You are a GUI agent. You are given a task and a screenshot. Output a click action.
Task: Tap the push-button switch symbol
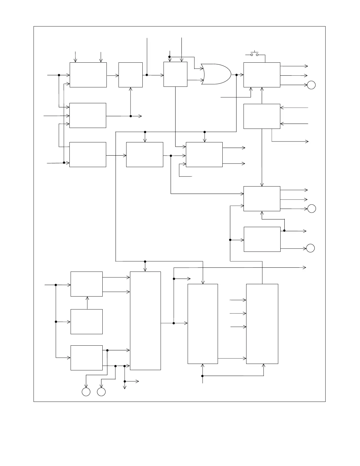point(254,54)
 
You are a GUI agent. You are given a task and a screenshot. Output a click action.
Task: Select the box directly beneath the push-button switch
point(262,75)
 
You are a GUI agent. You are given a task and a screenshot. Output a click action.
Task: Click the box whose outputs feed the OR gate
point(175,74)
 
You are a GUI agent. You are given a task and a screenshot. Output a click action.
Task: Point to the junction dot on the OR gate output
point(236,75)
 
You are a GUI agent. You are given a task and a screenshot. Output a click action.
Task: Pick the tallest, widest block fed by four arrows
point(145,321)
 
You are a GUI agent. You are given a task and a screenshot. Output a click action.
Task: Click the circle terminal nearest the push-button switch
point(311,85)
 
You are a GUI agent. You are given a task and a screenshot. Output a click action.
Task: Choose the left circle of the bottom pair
point(86,392)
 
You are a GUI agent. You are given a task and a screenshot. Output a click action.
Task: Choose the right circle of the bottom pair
point(101,392)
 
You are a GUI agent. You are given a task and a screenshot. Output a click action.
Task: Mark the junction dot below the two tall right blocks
point(202,376)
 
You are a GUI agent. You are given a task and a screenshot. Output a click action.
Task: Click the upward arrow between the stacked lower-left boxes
point(87,302)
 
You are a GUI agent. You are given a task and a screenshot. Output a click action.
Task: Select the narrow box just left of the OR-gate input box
point(131,75)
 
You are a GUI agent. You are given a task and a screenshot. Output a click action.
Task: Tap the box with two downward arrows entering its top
point(88,75)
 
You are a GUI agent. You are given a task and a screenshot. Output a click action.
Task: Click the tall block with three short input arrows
point(262,324)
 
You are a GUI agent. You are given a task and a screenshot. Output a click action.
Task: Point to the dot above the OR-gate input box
point(169,57)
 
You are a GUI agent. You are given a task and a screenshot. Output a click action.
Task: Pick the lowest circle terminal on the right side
point(310,248)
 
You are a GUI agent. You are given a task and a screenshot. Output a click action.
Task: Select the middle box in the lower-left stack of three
point(86,322)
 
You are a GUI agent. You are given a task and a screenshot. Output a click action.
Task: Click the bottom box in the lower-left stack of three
point(86,358)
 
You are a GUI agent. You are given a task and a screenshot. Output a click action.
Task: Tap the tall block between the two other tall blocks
point(203,324)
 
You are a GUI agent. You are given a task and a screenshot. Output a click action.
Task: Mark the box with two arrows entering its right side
point(262,116)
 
